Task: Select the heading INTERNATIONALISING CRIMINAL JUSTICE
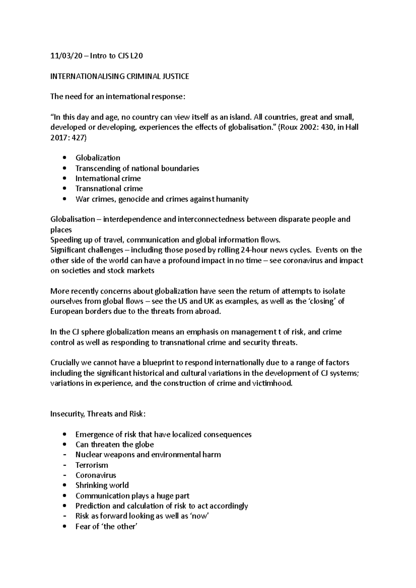coord(120,77)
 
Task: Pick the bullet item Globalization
coord(98,158)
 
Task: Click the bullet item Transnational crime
coord(109,189)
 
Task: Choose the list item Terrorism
coord(92,465)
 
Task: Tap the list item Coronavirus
coord(96,475)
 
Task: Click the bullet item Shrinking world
coord(102,485)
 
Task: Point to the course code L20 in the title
coord(136,56)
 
